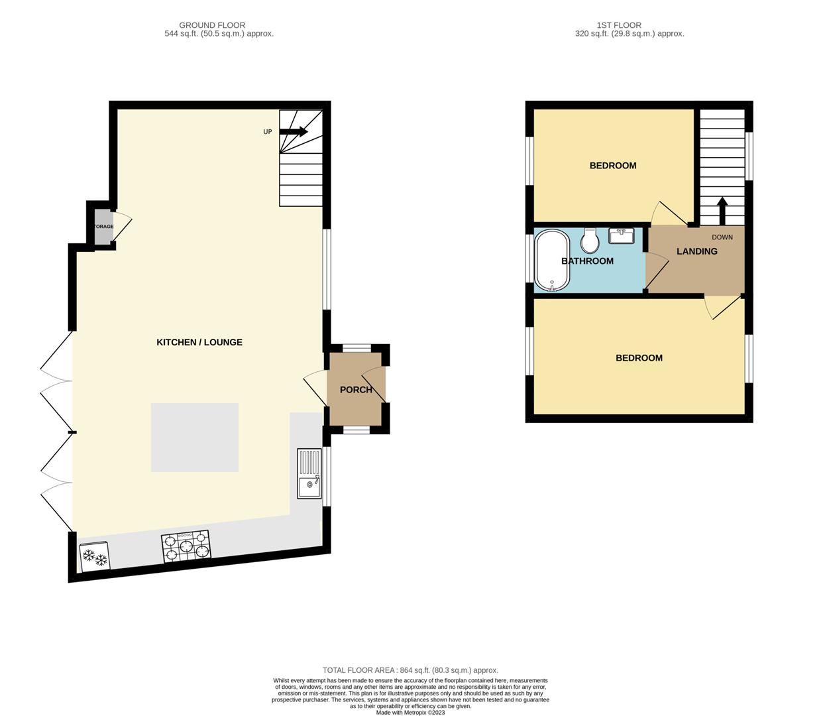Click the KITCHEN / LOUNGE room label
click(x=199, y=342)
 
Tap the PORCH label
click(x=356, y=390)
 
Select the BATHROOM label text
click(x=587, y=261)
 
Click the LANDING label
click(x=696, y=251)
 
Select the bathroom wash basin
click(x=621, y=236)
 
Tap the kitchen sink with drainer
click(x=309, y=473)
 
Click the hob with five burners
click(x=186, y=546)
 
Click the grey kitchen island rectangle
click(x=194, y=438)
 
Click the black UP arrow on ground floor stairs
click(x=294, y=131)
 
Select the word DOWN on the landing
click(x=722, y=237)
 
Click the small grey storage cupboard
click(x=103, y=226)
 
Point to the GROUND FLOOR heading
click(x=212, y=25)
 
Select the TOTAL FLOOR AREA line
click(x=410, y=670)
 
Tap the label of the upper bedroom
click(x=612, y=166)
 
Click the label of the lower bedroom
click(x=639, y=358)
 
